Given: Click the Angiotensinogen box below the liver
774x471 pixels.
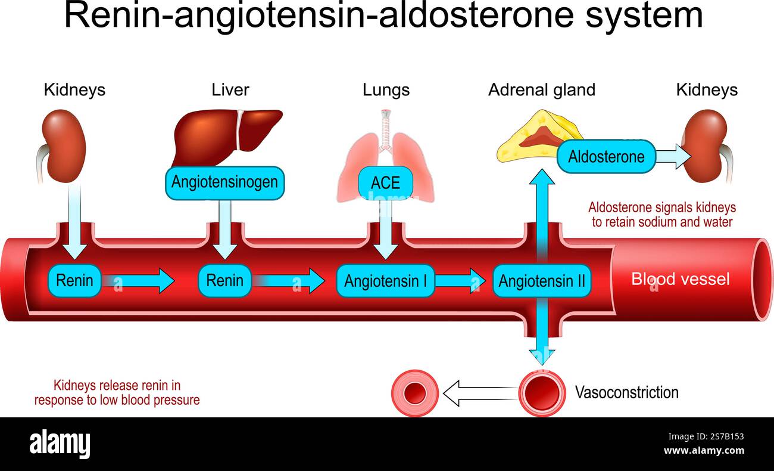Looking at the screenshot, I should pos(224,182).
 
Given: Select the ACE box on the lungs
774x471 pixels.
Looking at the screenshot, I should pos(385,182).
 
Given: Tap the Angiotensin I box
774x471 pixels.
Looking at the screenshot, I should pos(385,280).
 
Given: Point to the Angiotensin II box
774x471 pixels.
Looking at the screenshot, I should pos(542,280).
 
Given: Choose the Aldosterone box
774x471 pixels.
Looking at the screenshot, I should pos(606,157).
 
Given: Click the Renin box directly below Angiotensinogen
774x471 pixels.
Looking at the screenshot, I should pos(224,280).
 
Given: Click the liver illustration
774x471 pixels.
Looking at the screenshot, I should pos(226,134).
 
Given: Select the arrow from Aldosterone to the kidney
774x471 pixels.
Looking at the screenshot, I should pos(673,157).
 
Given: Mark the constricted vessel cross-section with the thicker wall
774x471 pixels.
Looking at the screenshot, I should pos(415,393).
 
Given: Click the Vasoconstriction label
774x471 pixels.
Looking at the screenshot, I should pos(626,392).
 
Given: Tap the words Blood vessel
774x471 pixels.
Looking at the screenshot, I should pos(680,278).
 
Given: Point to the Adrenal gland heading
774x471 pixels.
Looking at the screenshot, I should pos(541,90).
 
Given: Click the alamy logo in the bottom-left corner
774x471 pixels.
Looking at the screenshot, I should pos(60,444).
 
